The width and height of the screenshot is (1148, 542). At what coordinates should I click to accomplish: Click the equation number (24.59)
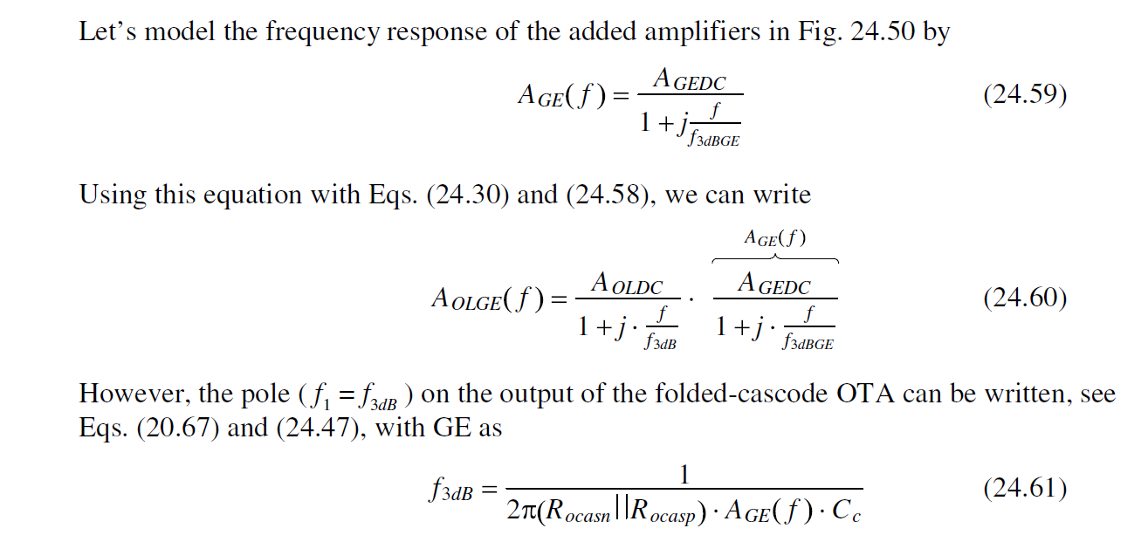[1024, 95]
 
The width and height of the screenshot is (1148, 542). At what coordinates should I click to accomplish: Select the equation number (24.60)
[1024, 298]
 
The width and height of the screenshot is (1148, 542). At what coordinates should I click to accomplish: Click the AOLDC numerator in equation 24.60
[627, 284]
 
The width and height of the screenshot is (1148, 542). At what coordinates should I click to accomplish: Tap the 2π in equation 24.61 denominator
[522, 511]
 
